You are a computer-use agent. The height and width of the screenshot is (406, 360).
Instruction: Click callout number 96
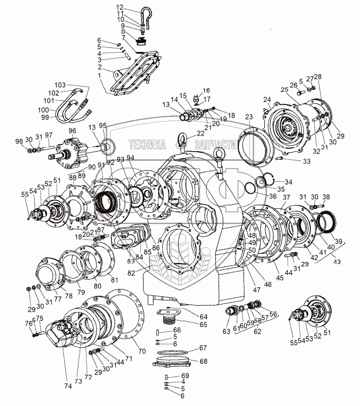72,131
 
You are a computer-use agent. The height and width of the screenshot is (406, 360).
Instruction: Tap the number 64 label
204,316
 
